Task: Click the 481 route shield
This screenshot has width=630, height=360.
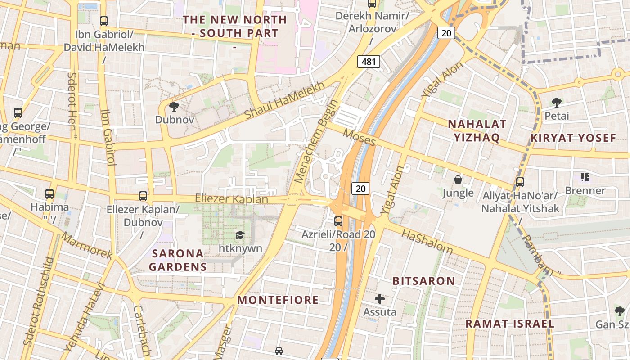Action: tap(369, 62)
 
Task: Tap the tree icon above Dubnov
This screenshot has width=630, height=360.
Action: tap(174, 107)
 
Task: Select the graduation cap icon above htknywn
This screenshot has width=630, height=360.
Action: tap(240, 235)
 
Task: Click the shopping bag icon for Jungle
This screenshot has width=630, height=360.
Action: tap(458, 180)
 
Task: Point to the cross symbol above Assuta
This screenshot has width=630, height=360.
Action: tap(380, 298)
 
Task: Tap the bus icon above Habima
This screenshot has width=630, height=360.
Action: tap(49, 194)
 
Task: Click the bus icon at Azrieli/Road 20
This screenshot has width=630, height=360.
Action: tap(338, 221)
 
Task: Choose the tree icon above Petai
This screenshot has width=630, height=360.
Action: tap(557, 103)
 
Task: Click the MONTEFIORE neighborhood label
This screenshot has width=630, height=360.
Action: tap(278, 300)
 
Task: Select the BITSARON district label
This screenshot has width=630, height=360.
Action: tap(424, 281)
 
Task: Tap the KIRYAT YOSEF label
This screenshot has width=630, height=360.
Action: tap(573, 138)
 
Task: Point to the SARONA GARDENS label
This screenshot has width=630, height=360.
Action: tap(178, 260)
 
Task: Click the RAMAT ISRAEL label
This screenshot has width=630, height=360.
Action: tap(509, 324)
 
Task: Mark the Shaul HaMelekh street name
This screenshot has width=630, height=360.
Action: tap(284, 101)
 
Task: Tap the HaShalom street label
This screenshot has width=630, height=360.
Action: tap(427, 242)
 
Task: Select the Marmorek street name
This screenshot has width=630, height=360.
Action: tap(87, 245)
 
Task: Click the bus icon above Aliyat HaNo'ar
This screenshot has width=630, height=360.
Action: tap(520, 182)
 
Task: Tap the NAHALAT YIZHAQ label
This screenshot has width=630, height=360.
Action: tap(477, 130)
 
